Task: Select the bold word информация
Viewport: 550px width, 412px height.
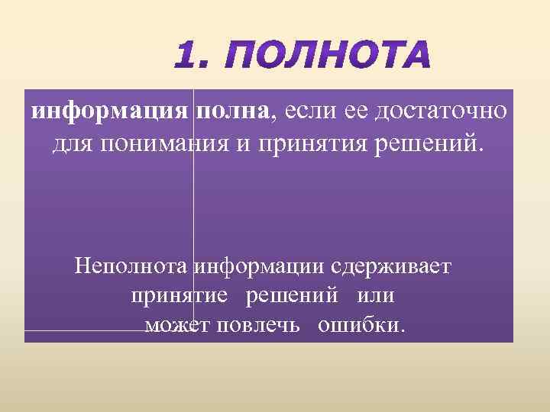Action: (109, 111)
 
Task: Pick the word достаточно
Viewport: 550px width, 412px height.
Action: (438, 111)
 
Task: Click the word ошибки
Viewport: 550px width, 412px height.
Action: (361, 326)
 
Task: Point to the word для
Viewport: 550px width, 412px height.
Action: (70, 143)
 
